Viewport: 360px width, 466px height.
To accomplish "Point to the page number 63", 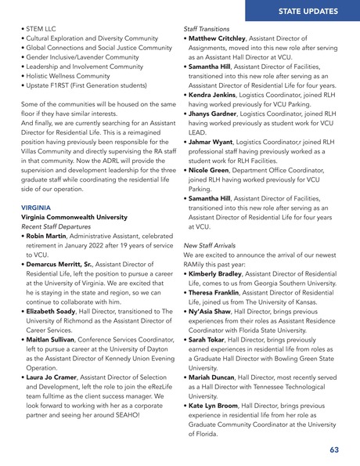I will coord(334,450).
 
